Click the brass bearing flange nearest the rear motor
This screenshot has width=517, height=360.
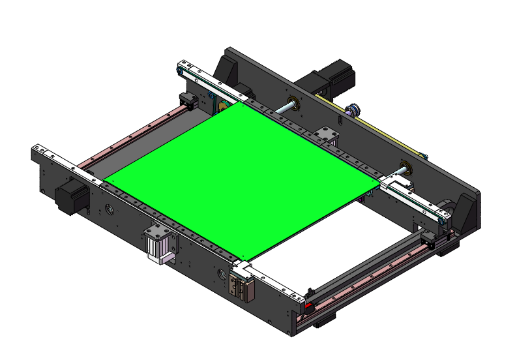tap(291, 104)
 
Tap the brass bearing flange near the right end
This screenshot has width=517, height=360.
tap(404, 166)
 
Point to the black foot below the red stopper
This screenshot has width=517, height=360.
tap(324, 320)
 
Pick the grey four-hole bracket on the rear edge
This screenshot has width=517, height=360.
tap(324, 136)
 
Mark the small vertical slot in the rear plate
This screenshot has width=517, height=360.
tap(340, 120)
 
